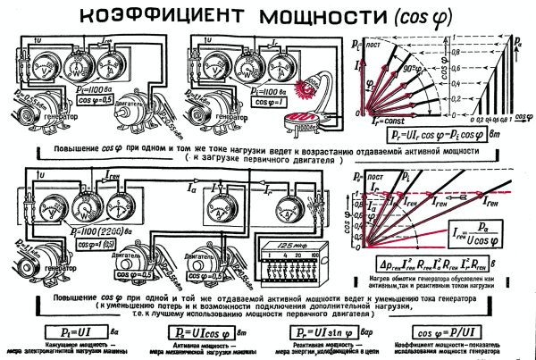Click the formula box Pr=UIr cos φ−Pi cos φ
437,134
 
